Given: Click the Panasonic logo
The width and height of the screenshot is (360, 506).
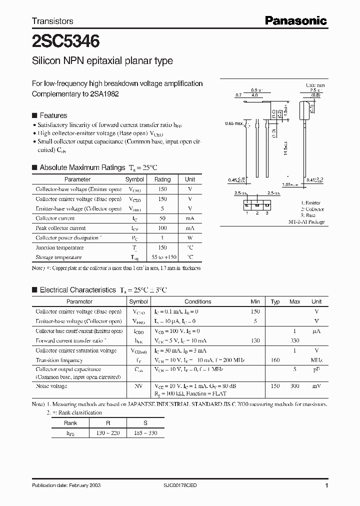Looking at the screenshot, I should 295,20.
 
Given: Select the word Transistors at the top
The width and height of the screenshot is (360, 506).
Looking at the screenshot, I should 52,21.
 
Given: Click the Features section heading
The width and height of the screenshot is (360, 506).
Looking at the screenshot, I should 53,115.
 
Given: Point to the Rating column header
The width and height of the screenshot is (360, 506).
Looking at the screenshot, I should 162,179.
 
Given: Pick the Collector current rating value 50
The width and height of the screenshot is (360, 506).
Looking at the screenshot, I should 162,218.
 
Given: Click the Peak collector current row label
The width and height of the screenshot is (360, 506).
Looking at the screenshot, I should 60,228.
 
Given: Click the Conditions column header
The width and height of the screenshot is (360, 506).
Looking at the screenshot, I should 197,301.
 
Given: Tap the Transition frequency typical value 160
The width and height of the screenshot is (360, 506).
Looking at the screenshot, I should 275,359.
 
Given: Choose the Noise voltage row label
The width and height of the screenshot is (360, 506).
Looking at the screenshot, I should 51,386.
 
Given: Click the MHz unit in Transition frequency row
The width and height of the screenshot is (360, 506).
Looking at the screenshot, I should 316,359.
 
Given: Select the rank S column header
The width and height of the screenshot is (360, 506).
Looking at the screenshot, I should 145,423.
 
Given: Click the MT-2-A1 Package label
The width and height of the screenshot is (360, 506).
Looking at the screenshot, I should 306,221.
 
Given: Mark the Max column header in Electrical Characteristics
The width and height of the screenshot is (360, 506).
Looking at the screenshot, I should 295,301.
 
